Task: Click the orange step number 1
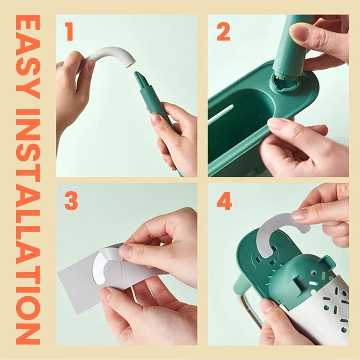click(x=69, y=33)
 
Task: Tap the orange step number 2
click(x=224, y=33)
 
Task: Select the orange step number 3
click(x=71, y=202)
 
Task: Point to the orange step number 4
click(x=224, y=202)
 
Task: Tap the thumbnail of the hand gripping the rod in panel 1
click(x=156, y=118)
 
